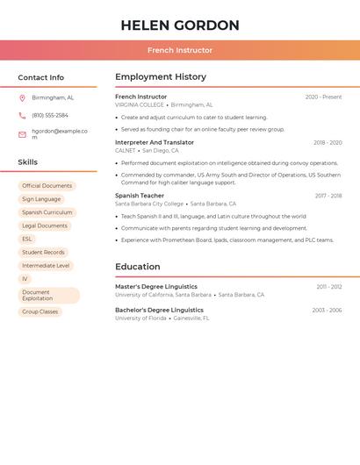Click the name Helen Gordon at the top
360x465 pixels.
[180, 25]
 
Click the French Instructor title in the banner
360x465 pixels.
[180, 50]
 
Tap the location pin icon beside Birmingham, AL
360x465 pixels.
[22, 97]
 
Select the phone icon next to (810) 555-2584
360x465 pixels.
[22, 115]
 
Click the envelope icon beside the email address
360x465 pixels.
[22, 134]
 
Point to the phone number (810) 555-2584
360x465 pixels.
[50, 115]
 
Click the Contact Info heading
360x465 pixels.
[41, 77]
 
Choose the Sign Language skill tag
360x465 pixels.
[41, 199]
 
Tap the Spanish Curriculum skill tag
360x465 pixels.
[47, 212]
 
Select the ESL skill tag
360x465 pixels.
[27, 239]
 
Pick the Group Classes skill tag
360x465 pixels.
[40, 311]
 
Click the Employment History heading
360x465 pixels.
[161, 77]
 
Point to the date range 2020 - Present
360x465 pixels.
[323, 97]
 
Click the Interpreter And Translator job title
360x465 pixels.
[155, 142]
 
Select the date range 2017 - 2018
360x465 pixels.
[328, 196]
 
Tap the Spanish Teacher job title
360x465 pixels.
[140, 196]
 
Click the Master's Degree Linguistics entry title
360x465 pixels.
[156, 286]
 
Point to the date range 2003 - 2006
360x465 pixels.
[326, 310]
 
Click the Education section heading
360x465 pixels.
[138, 267]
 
